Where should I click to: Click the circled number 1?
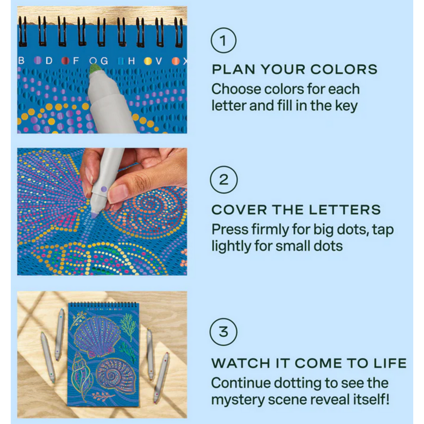224,41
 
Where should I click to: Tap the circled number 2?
224,180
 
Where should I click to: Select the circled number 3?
224,332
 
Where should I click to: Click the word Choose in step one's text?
236,89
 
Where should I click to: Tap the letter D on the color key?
49,61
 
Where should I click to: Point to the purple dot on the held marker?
104,189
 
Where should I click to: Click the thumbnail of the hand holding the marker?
102,211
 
